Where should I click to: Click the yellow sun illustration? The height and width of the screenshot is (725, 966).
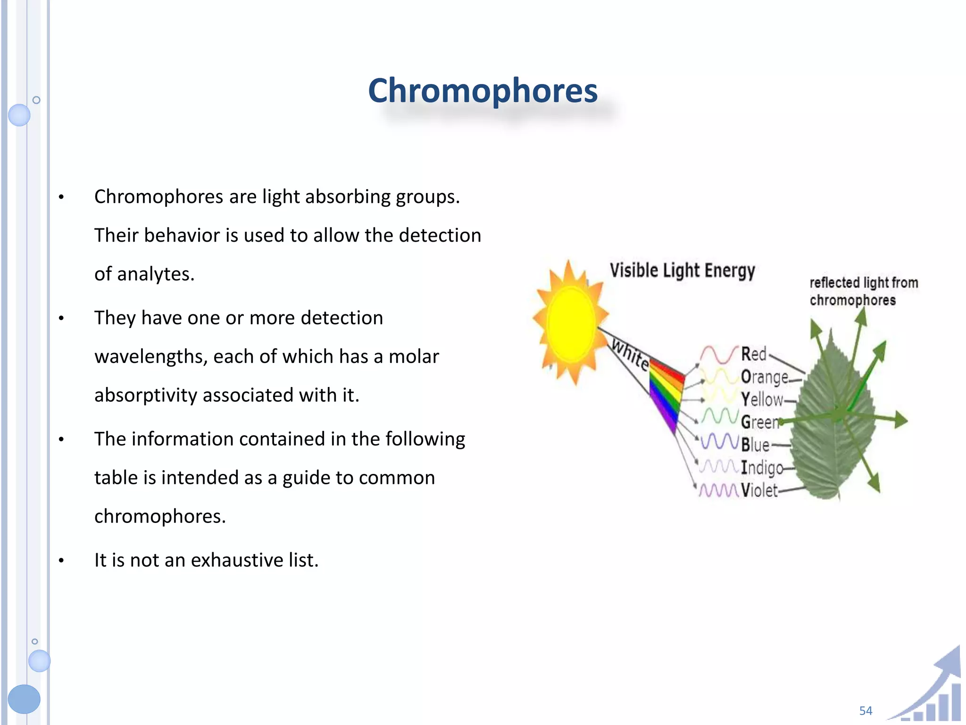tap(571, 323)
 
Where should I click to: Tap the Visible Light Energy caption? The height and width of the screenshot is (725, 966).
tap(682, 270)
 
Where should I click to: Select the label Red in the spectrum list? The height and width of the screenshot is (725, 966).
tap(753, 354)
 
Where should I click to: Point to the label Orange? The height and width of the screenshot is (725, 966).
tap(764, 377)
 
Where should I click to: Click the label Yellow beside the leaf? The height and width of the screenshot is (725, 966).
tap(761, 399)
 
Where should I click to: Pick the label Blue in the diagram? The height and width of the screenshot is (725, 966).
tap(755, 445)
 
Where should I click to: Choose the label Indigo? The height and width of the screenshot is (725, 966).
tap(761, 467)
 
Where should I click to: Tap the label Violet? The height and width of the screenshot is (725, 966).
tap(758, 490)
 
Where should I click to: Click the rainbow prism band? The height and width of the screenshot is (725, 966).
tap(666, 394)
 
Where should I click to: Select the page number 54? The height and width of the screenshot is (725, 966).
tap(866, 710)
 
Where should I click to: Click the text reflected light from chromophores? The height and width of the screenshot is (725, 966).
tap(863, 291)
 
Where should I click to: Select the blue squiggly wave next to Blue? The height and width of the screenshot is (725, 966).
tap(719, 442)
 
